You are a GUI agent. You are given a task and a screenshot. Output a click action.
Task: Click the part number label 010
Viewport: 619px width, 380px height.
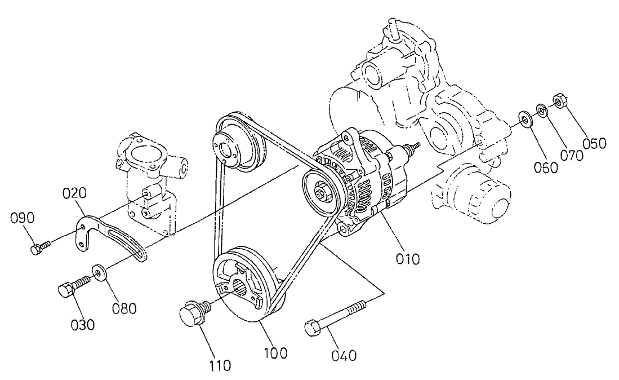coord(407,259)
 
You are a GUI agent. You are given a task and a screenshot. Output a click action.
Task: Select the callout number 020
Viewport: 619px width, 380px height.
coord(74,195)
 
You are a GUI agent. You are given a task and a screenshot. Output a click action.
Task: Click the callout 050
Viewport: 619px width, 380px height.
coord(594,143)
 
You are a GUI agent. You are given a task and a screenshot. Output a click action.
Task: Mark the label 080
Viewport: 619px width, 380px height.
coord(124,308)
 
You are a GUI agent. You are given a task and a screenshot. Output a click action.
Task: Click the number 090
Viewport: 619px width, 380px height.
coord(23,218)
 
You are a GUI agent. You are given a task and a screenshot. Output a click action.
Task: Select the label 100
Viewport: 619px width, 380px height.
coord(275,354)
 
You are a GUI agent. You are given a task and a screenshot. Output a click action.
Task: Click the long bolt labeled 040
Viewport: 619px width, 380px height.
coord(335,317)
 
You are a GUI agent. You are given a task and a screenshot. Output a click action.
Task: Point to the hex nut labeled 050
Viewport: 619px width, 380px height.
coord(559,101)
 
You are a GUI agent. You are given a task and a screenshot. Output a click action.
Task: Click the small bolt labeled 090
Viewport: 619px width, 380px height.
coord(39,246)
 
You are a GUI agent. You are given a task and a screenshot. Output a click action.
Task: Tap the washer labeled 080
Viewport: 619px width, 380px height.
coord(99,275)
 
